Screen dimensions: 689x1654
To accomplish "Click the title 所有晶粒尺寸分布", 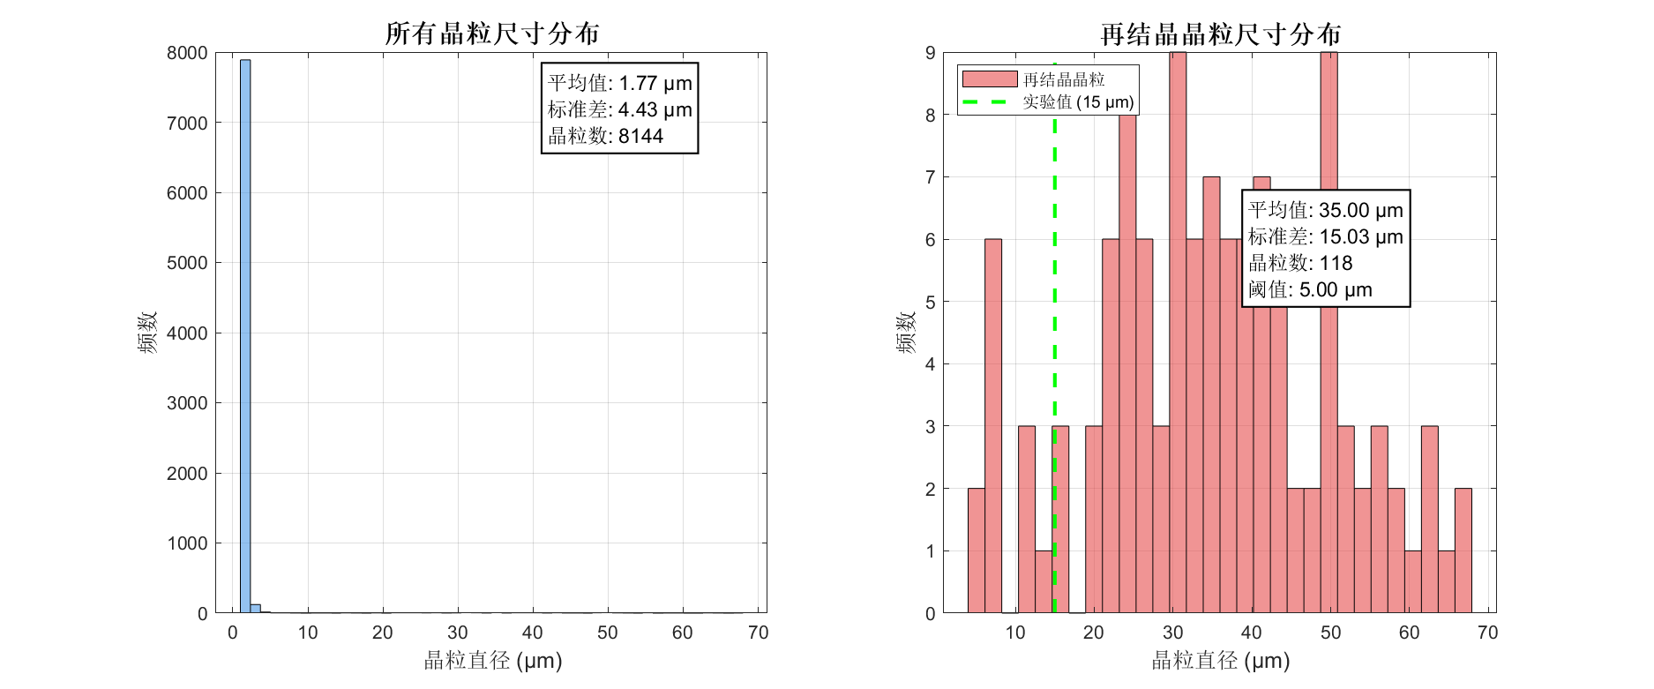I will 492,34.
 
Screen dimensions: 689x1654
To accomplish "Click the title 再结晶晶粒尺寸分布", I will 1221,34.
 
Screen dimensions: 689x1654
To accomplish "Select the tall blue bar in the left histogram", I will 245,335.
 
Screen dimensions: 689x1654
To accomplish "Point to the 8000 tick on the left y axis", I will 187,53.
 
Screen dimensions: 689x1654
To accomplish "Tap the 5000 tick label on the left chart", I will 187,263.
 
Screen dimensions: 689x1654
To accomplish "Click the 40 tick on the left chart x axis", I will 532,633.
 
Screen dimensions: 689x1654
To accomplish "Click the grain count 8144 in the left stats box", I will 640,137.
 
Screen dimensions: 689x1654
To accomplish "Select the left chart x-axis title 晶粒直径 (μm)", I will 492,661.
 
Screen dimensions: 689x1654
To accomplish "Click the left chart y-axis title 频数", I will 147,333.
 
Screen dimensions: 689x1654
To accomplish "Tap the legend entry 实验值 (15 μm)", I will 1078,102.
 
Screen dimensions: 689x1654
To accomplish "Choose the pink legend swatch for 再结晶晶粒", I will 989,79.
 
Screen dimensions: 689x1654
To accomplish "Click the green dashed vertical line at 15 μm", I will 1055,353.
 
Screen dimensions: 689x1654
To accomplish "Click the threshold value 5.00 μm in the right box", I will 1336,290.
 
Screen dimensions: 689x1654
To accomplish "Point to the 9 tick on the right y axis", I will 931,53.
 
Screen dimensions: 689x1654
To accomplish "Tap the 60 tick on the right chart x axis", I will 1409,633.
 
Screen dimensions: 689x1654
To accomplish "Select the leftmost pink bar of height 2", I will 976,550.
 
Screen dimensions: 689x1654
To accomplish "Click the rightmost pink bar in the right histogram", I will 1463,550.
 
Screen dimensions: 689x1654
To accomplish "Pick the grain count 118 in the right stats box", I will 1336,264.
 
